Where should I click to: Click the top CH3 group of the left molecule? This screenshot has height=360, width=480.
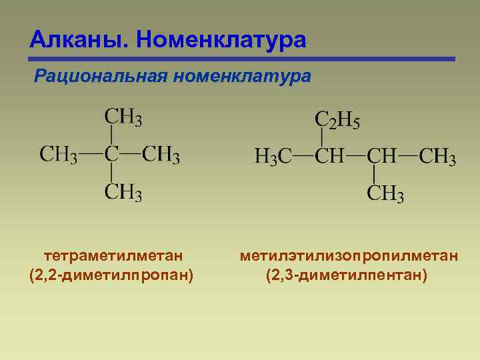(x=123, y=118)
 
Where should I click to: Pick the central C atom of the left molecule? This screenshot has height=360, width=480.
(x=111, y=155)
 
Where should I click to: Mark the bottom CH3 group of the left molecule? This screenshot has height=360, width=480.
(x=123, y=193)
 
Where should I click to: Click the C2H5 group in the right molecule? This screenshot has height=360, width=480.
(x=337, y=121)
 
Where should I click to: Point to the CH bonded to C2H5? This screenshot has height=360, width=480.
(x=329, y=157)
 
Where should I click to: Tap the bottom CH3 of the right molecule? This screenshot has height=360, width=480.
(x=385, y=194)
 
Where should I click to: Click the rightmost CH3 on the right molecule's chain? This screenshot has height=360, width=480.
(x=437, y=157)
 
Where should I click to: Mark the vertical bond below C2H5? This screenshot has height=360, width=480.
(x=322, y=139)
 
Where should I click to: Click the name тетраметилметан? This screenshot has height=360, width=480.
(x=113, y=255)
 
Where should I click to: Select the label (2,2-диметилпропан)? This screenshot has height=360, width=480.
(x=112, y=275)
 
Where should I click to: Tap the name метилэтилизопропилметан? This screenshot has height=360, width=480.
(x=349, y=255)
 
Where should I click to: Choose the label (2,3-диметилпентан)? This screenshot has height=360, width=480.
(x=347, y=275)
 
